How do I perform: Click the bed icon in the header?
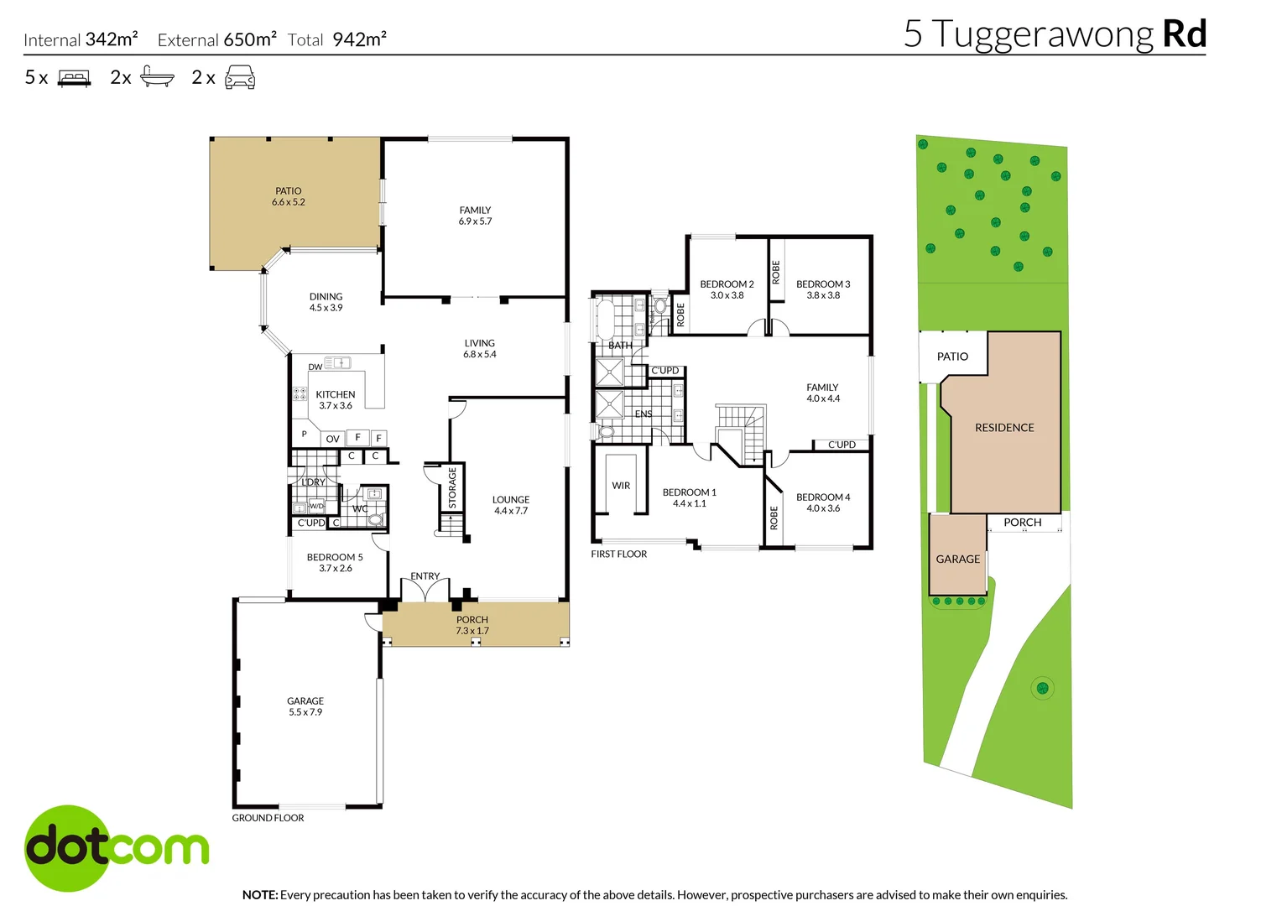point(74,79)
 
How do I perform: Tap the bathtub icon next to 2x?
point(157,77)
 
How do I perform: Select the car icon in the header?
point(240,78)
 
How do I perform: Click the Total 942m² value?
point(359,39)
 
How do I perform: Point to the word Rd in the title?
point(1184,34)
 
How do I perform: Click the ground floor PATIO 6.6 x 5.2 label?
point(288,196)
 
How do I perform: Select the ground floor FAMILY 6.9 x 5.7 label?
point(475,216)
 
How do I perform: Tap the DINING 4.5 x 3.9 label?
point(326,302)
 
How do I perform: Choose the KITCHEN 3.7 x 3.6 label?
point(335,400)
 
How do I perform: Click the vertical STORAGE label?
point(452,487)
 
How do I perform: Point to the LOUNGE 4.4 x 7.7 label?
point(510,505)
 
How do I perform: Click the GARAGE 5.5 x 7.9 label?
point(305,706)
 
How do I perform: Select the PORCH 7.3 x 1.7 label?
point(472,625)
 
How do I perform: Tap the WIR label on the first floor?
point(621,486)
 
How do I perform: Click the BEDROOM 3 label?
point(822,289)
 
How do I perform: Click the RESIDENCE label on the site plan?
point(1003,428)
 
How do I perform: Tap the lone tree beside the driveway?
point(1042,688)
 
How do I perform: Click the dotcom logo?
point(117,848)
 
